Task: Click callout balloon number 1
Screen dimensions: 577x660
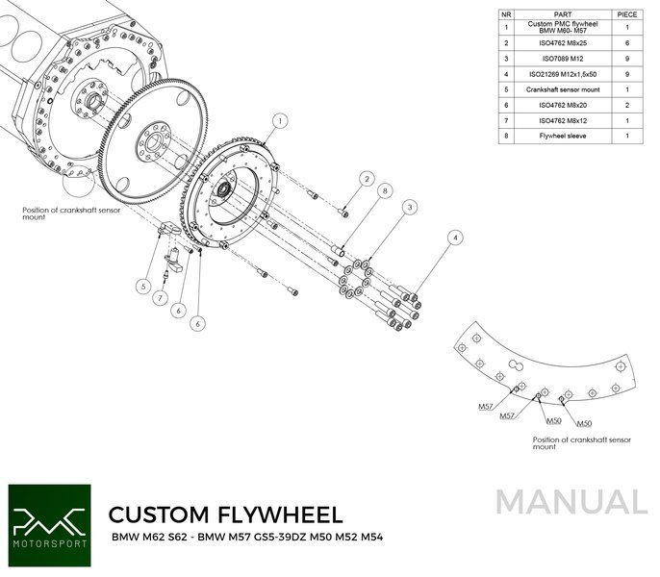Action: tap(279, 121)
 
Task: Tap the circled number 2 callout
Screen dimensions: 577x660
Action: tap(367, 178)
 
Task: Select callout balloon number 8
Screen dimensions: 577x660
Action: tap(384, 190)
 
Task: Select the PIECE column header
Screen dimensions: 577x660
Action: tap(627, 15)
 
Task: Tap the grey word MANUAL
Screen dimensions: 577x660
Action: tap(572, 503)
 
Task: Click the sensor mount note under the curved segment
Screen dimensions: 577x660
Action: tap(582, 442)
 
